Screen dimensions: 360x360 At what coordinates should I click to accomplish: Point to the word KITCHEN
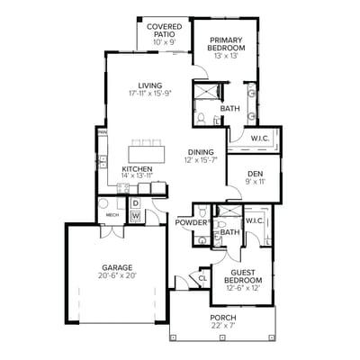click(137, 168)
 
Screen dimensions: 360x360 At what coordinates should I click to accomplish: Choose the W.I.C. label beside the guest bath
click(254, 220)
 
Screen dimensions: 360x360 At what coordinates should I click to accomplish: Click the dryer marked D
click(134, 203)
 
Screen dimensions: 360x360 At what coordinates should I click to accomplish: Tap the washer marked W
click(135, 216)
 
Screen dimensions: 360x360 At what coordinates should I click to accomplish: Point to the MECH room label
click(112, 215)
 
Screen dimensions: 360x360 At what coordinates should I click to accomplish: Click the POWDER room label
click(191, 222)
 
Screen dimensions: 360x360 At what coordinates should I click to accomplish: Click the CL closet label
click(203, 279)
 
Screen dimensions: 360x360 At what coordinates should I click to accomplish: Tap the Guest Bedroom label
click(241, 277)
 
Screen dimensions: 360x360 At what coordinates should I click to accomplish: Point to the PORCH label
click(221, 317)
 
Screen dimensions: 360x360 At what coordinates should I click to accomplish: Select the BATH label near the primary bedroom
click(229, 109)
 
